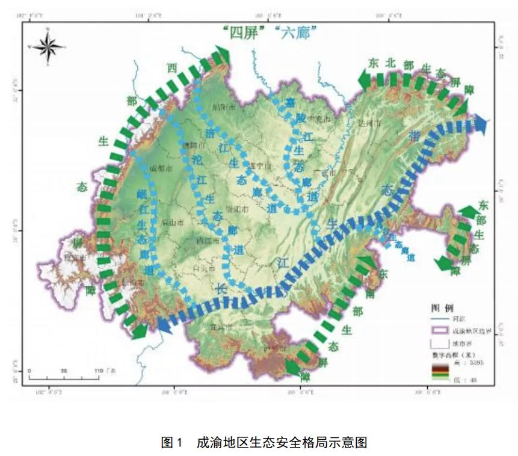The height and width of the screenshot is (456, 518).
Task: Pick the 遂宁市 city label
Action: [x=261, y=165]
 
